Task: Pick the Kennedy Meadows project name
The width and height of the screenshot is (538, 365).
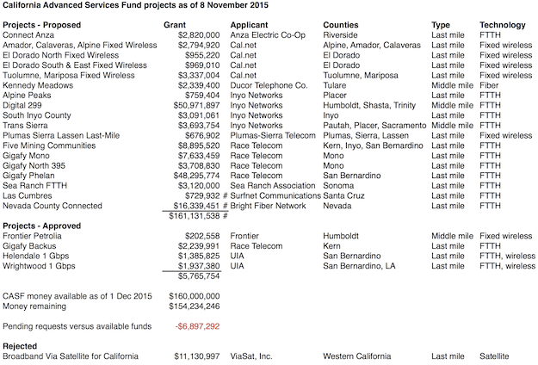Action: [x=39, y=85]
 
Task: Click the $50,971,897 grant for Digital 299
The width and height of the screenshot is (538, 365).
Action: [x=197, y=105]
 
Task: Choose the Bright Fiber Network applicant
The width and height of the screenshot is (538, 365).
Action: [x=274, y=206]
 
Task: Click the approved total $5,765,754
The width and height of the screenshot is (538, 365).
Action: [x=199, y=276]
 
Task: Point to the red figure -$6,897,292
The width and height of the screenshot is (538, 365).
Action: [x=197, y=327]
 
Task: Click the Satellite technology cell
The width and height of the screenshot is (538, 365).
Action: [x=494, y=356]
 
